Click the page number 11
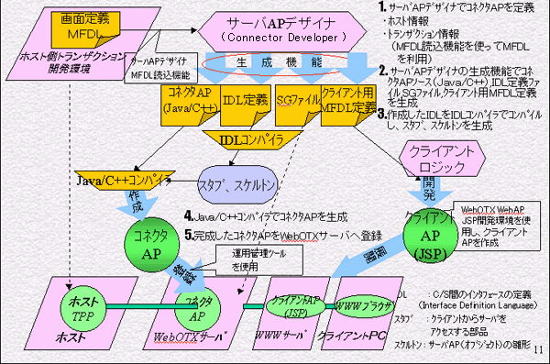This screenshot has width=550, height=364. [x=537, y=349]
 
